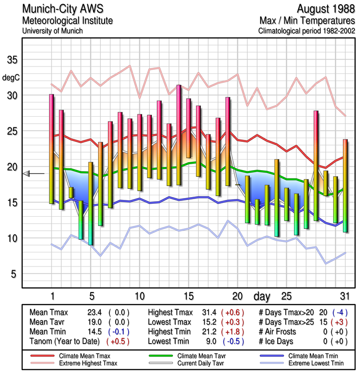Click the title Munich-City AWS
tap(61, 9)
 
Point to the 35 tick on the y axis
tap(12, 60)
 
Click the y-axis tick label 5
tap(14, 274)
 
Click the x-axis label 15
tap(188, 296)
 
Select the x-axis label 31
tap(345, 296)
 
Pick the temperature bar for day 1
tap(52, 149)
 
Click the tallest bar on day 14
tap(178, 135)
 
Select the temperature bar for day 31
tap(345, 186)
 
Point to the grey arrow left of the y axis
tap(27, 173)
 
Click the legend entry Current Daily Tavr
tap(197, 362)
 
